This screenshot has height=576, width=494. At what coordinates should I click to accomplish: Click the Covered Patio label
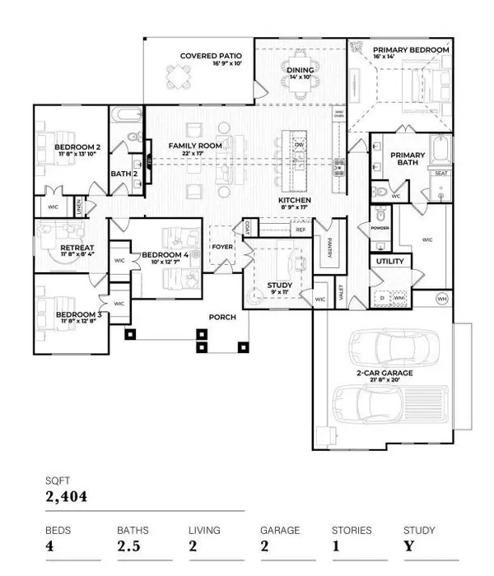(x=211, y=56)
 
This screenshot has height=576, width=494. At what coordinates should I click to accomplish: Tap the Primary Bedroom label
(x=411, y=50)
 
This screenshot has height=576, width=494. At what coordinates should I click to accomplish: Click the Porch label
(x=222, y=317)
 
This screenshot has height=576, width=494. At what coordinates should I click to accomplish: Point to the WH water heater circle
(x=441, y=298)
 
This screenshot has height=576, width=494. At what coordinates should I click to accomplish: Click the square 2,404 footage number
(x=66, y=496)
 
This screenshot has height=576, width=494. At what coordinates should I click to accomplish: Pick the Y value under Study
(x=408, y=547)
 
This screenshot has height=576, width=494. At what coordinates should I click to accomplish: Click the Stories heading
(x=352, y=531)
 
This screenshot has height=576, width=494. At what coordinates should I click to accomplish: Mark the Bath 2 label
(x=123, y=174)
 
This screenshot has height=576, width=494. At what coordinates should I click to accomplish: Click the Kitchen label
(x=293, y=201)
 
